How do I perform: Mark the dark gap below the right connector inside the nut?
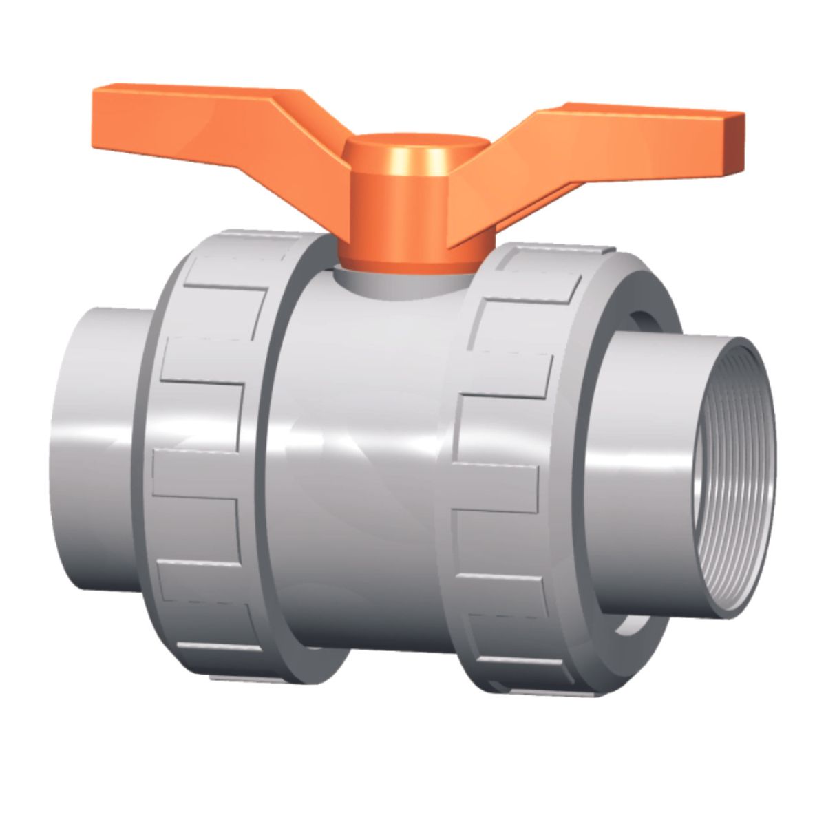click(630, 623)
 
